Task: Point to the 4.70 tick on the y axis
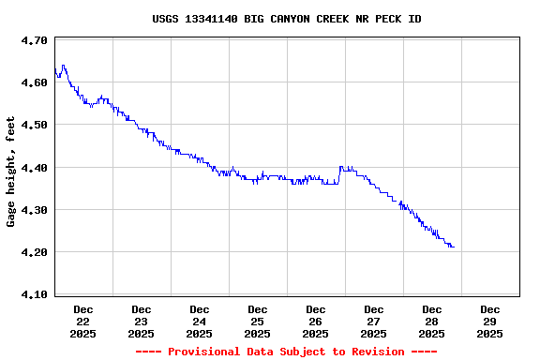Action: [35, 40]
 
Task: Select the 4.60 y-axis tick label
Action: [35, 82]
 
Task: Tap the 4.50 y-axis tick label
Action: [35, 125]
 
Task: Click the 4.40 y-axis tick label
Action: [35, 167]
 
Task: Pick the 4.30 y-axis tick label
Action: [35, 210]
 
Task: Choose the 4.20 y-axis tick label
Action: [35, 252]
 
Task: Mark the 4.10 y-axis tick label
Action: [35, 294]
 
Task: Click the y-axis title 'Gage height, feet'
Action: [11, 172]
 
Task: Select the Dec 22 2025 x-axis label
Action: [83, 321]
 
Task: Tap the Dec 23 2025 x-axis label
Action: [142, 321]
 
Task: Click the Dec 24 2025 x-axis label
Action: [200, 321]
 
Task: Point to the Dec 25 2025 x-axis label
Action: [258, 321]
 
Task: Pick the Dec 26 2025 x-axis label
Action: [316, 321]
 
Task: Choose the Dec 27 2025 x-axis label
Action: [374, 321]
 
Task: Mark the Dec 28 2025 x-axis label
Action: [432, 321]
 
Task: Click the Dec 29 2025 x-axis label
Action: [490, 321]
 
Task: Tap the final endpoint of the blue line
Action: [454, 247]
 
